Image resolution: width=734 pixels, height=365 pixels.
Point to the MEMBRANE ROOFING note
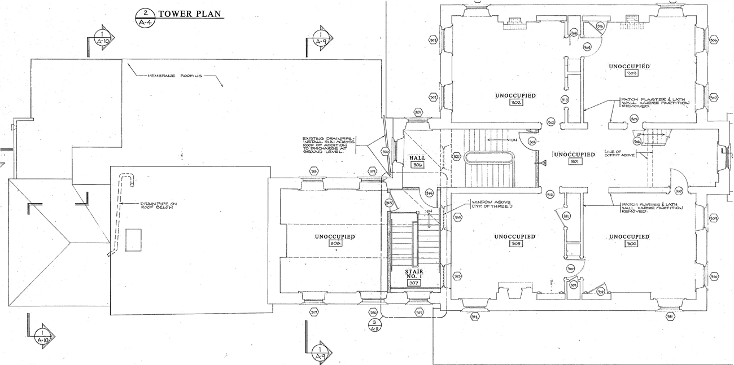(x=174, y=76)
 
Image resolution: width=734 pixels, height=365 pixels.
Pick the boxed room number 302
(x=515, y=103)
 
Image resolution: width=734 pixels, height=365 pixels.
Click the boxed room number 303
(x=631, y=73)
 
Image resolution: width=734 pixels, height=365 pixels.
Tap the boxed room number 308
(x=335, y=243)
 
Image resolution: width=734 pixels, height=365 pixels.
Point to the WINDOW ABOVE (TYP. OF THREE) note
(x=492, y=204)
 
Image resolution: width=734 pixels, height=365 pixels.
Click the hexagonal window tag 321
(x=457, y=156)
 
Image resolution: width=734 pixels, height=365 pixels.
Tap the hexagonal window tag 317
(x=314, y=312)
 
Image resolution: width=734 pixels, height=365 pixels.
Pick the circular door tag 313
(x=565, y=99)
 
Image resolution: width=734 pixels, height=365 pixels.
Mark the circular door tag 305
(x=634, y=118)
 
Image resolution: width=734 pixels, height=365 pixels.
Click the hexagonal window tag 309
(x=714, y=218)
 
